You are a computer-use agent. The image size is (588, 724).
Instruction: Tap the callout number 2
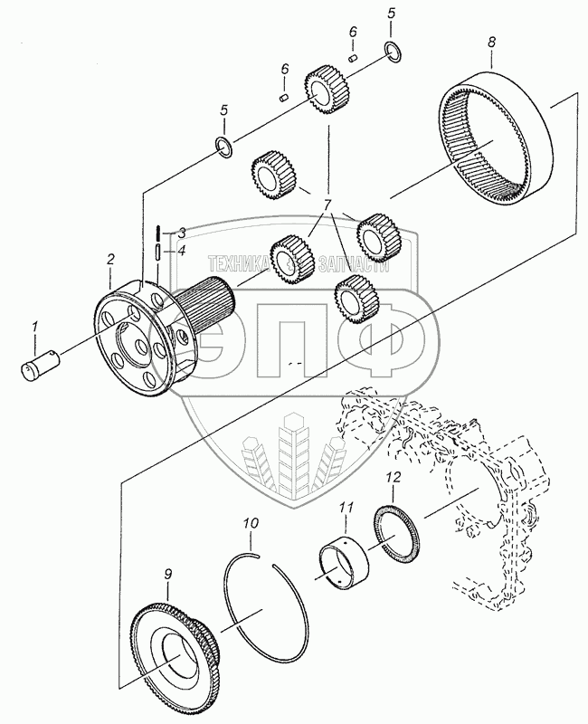click(110, 260)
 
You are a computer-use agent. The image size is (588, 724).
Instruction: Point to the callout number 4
click(181, 251)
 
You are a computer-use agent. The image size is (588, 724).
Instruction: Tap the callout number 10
click(251, 523)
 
